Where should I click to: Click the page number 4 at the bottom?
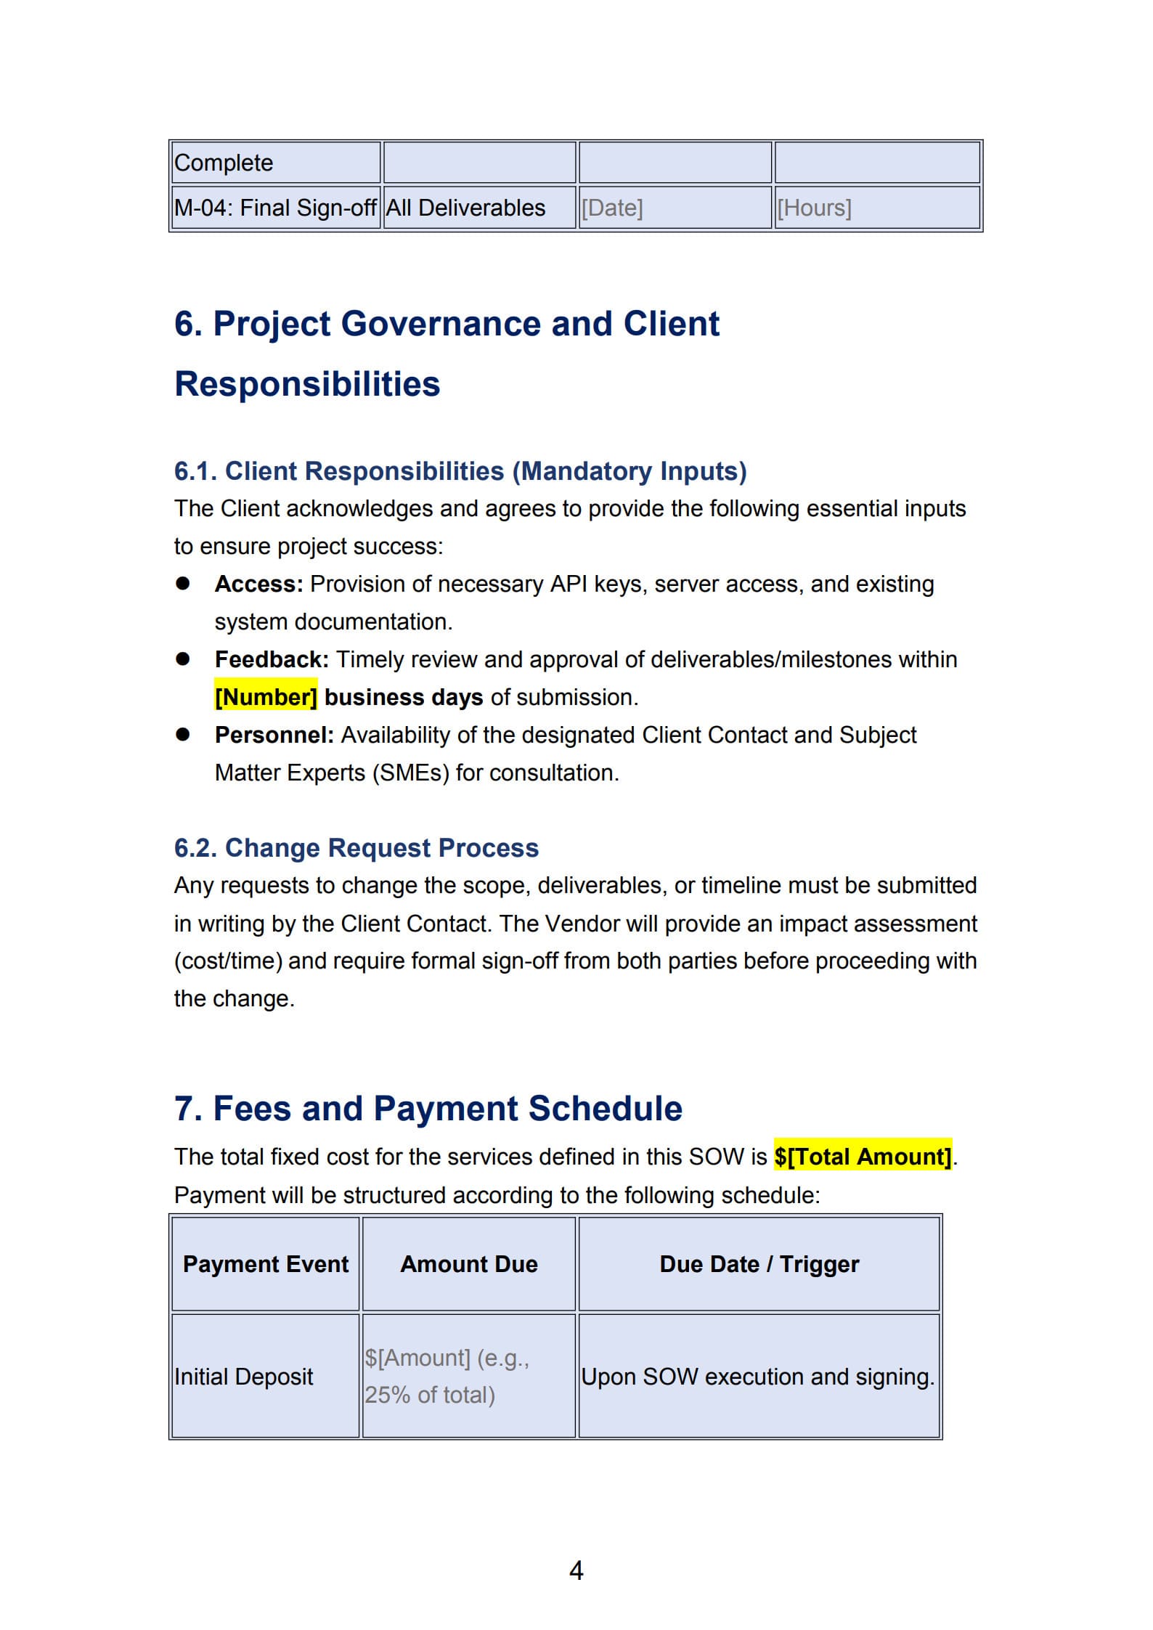click(576, 1570)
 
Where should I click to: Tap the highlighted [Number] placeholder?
click(266, 697)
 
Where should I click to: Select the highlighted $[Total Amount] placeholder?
click(862, 1156)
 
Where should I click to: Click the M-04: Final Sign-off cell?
click(275, 208)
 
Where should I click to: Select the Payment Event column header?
click(266, 1263)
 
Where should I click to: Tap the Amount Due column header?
click(469, 1263)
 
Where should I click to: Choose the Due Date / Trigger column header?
click(759, 1263)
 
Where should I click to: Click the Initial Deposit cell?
click(244, 1376)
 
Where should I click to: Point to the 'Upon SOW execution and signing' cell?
click(757, 1376)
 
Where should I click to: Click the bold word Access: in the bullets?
click(258, 584)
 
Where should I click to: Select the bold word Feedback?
click(272, 659)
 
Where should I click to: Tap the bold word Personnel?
click(274, 735)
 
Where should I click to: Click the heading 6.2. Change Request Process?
click(356, 847)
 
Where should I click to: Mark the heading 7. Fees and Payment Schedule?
click(428, 1108)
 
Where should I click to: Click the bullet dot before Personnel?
click(182, 734)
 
